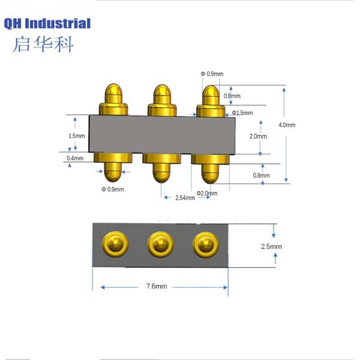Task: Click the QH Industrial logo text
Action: [x=47, y=23]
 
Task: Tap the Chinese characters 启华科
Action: [x=43, y=44]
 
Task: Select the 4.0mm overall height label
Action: [x=287, y=125]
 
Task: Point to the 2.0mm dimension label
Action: [x=257, y=136]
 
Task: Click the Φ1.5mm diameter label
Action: [x=242, y=113]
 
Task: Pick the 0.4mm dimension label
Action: [x=75, y=158]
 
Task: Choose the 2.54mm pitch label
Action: [x=185, y=197]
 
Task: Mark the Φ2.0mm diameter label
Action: [x=207, y=193]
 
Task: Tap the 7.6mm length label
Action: [x=157, y=287]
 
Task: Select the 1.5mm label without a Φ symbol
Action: [x=76, y=136]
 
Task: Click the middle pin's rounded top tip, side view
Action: [x=161, y=93]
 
